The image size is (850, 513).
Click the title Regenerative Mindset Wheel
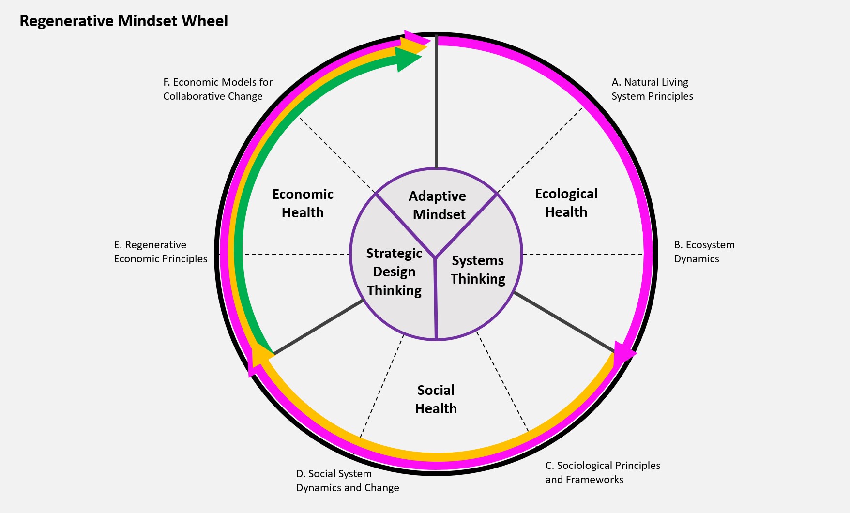tap(123, 21)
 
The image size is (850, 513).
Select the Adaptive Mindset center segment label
tap(438, 205)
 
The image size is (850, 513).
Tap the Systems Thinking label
tap(478, 270)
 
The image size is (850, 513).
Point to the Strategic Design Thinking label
tap(394, 272)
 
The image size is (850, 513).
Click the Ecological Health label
tap(566, 203)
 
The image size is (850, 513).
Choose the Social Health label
tap(436, 399)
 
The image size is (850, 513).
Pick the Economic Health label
tap(303, 203)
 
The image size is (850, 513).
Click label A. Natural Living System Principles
tap(652, 89)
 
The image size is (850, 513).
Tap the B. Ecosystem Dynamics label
tap(704, 252)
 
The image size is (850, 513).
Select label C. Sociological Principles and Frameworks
tap(602, 472)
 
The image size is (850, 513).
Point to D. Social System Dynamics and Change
tap(347, 481)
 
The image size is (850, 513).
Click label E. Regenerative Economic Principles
tap(160, 252)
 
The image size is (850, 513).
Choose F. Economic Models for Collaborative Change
tap(217, 89)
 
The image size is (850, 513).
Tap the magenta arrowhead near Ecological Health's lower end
tap(625, 351)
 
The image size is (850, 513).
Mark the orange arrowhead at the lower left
tap(260, 355)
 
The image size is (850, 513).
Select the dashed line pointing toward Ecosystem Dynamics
tap(583, 254)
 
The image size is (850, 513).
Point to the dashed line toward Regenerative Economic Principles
tap(295, 254)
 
